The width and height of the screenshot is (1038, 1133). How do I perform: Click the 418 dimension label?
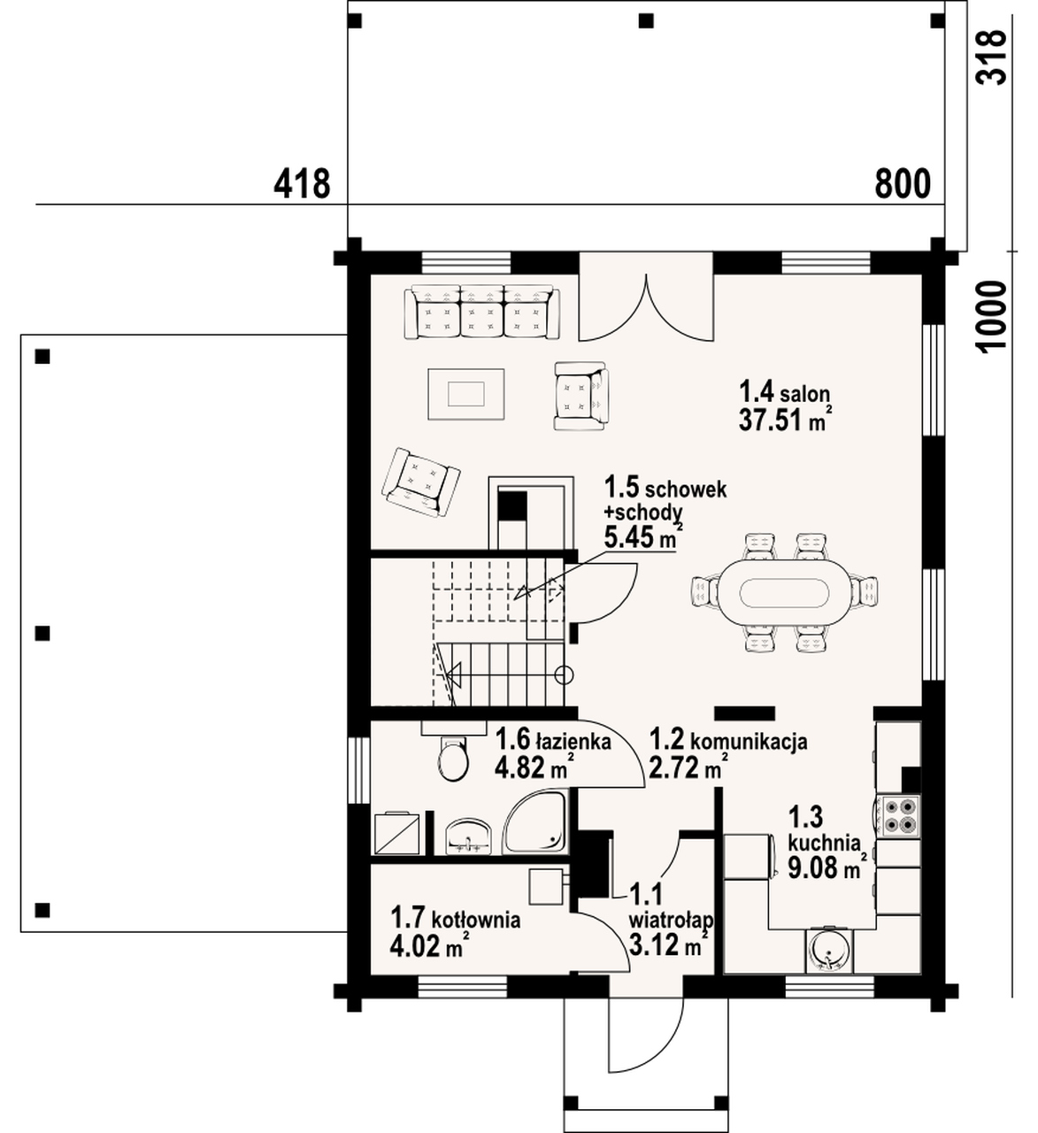click(x=302, y=183)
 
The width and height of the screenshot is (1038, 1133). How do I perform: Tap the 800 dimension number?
click(x=903, y=183)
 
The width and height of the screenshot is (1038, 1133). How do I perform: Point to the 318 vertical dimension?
click(x=992, y=57)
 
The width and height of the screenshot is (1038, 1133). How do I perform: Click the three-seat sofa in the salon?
click(x=481, y=312)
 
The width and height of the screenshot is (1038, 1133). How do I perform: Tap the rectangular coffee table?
click(x=466, y=394)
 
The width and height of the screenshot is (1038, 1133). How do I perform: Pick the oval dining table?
click(x=784, y=592)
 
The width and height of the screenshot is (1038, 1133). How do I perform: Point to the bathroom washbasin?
click(x=468, y=836)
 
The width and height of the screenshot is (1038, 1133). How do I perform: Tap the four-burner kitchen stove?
click(x=898, y=815)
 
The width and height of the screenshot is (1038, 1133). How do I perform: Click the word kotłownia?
click(x=475, y=921)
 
